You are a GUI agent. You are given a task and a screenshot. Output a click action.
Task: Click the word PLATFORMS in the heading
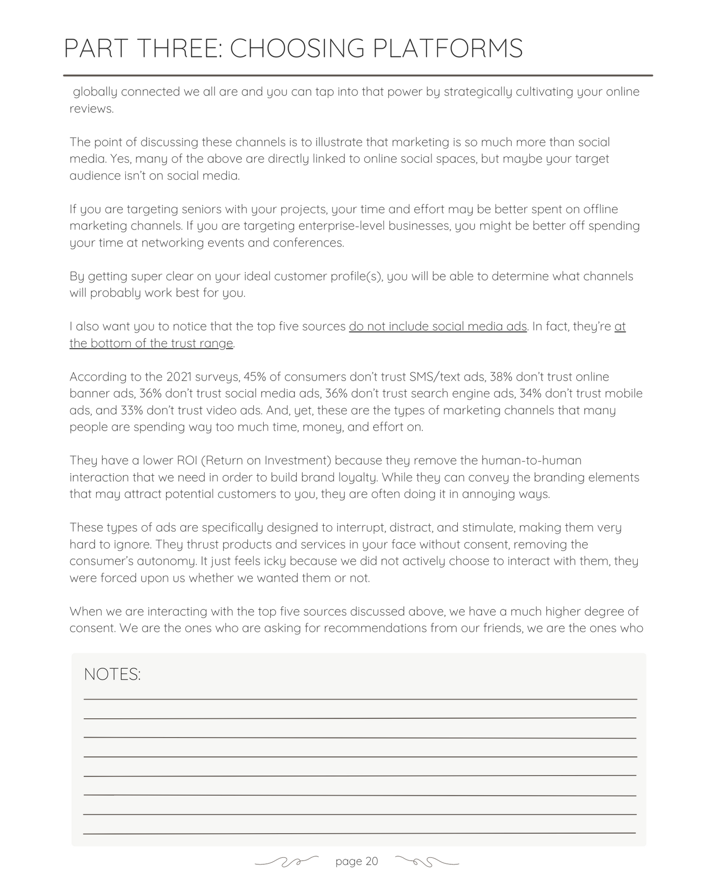[447, 49]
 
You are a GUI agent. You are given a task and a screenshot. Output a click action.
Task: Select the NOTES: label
[112, 674]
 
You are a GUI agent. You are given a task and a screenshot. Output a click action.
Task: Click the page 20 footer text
[356, 861]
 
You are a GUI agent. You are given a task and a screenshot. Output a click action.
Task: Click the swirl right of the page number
[428, 862]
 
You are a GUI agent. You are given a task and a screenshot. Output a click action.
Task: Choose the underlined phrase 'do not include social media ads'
[438, 327]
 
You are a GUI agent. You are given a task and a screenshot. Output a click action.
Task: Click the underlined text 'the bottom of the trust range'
[151, 344]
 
